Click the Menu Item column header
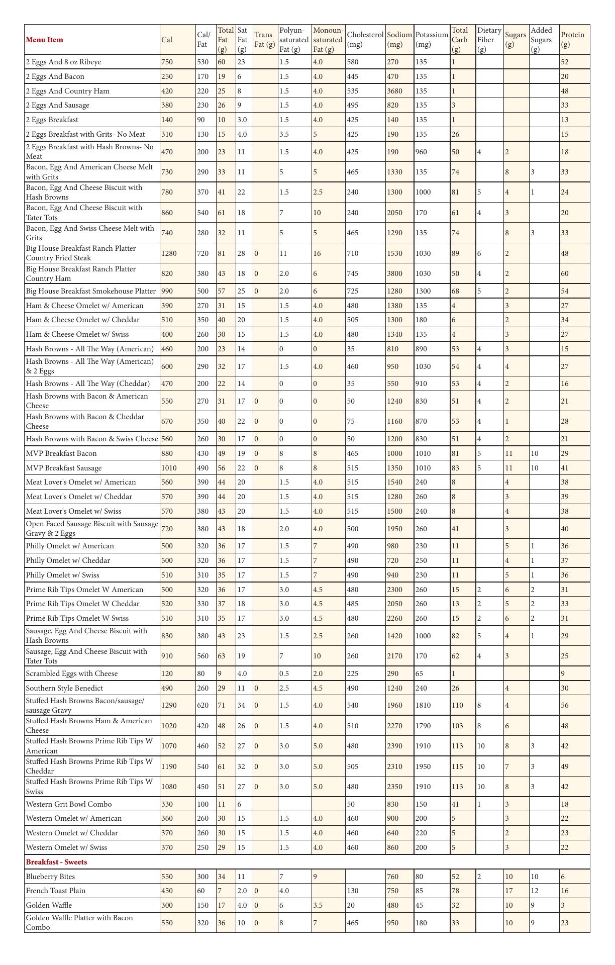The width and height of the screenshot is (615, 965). [x=45, y=40]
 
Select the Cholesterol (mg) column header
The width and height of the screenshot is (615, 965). [x=365, y=40]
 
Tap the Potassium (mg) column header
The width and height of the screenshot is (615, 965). [x=431, y=40]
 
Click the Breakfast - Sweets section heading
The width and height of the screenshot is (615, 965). [x=56, y=861]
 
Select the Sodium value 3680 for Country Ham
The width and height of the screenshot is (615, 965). [x=395, y=91]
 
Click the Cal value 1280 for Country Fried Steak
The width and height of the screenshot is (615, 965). [x=169, y=253]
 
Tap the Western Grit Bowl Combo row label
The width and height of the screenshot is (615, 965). [x=69, y=804]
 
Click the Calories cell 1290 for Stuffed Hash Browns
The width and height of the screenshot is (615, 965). [x=169, y=705]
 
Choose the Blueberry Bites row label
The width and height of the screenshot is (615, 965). [x=50, y=877]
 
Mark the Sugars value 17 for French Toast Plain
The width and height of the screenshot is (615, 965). [x=509, y=891]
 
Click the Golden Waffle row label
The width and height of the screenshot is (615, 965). [x=49, y=905]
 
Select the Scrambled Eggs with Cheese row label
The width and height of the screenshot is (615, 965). [x=72, y=673]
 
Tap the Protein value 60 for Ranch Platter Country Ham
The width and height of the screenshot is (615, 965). [x=565, y=273]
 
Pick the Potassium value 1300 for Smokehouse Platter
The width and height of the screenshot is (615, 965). [x=423, y=291]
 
